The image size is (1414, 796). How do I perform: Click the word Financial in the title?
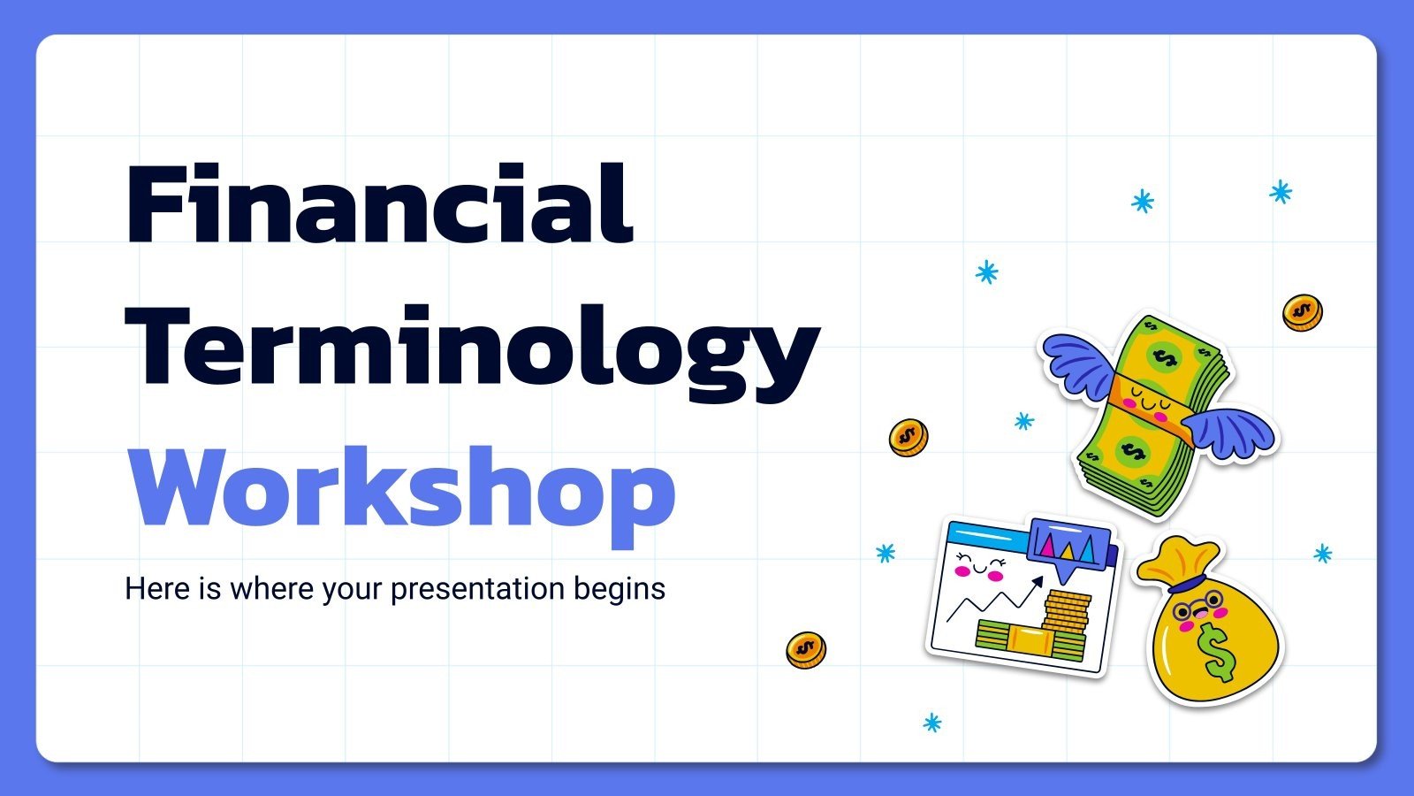click(x=380, y=205)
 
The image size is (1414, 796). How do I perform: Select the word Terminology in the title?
click(x=473, y=349)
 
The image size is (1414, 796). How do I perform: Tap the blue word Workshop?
click(x=402, y=489)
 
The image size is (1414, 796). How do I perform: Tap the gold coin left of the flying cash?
click(x=908, y=437)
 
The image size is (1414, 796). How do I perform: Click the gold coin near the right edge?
click(x=1302, y=312)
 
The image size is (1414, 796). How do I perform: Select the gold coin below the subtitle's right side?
click(x=805, y=650)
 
